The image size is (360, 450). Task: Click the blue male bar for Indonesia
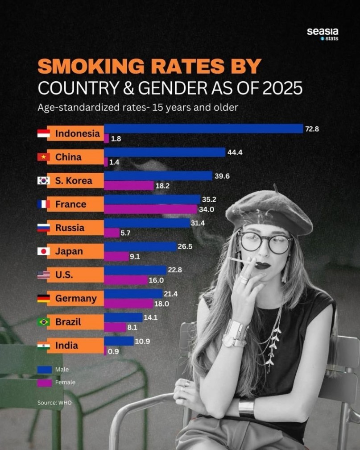coord(203,129)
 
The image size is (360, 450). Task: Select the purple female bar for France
coord(150,209)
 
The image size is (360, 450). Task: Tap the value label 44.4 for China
coord(235,152)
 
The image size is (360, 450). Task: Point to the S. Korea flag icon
coord(43,181)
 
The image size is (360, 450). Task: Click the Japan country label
coord(69,251)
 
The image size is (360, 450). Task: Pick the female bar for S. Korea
coord(128,185)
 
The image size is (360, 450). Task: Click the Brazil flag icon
coord(43,322)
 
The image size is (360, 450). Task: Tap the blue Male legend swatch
coord(45,369)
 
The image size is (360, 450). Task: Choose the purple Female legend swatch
coord(45,382)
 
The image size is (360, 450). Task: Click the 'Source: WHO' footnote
coord(54,402)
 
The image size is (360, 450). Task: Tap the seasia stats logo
coord(322,34)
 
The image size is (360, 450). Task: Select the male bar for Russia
coord(147,223)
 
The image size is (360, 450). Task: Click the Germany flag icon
coord(43,298)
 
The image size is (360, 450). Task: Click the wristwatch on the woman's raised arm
coord(235,333)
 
